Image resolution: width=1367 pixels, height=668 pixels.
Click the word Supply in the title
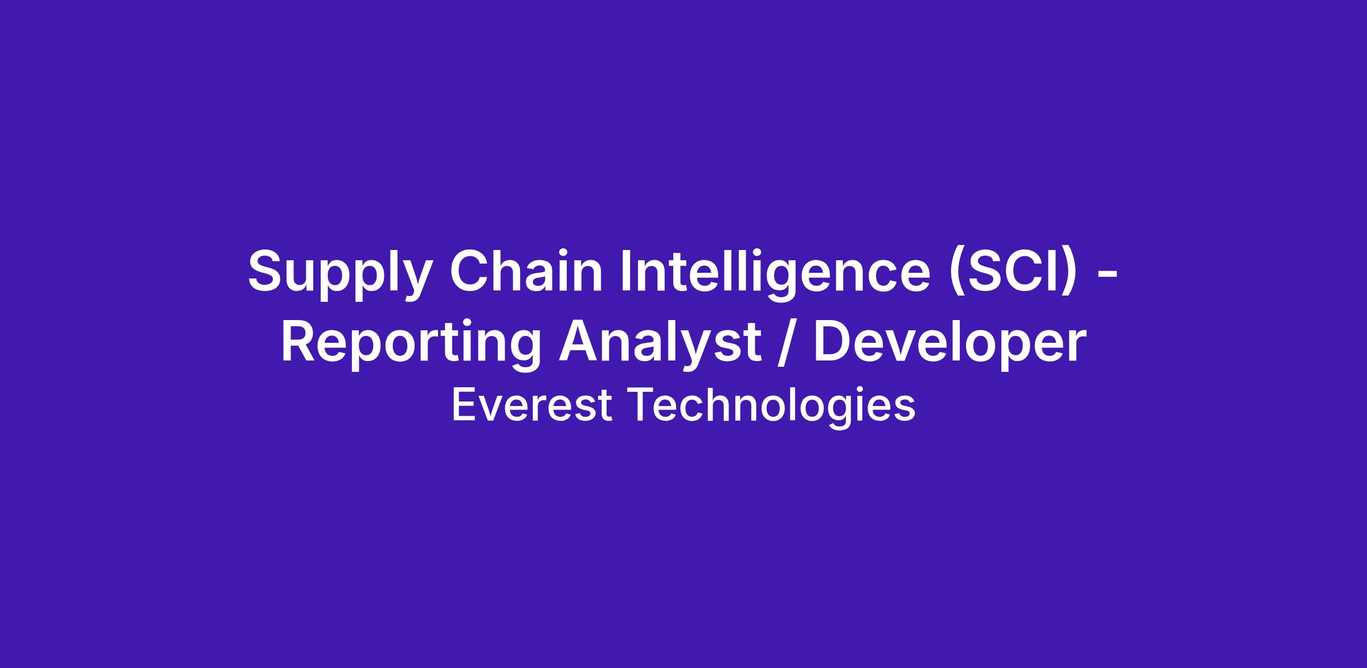pos(339,274)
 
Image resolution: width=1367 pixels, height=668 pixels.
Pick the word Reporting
pos(411,345)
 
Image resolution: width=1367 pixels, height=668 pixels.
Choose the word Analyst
pos(660,345)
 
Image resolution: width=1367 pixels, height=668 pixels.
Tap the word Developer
pos(949,345)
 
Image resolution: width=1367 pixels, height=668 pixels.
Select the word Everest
pos(532,405)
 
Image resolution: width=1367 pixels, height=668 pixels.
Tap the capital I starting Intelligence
pos(626,271)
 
